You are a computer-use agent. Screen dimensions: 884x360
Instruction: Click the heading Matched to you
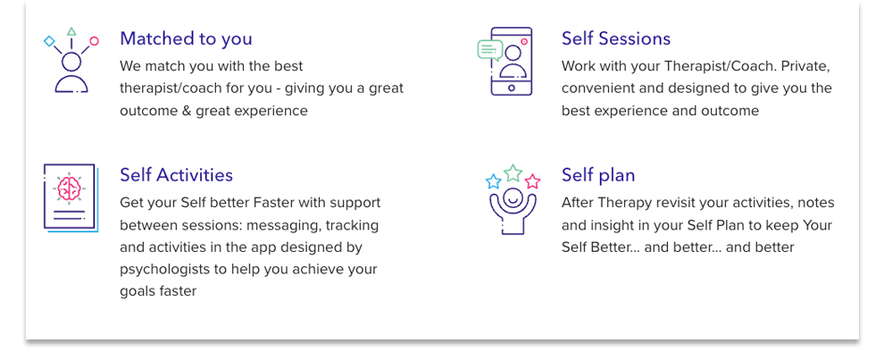[x=186, y=38]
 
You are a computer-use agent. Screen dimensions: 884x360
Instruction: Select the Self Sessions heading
[x=616, y=38]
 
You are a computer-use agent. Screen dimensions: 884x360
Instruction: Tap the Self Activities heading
[x=177, y=174]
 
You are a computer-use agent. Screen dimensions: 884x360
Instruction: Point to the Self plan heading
[x=598, y=175]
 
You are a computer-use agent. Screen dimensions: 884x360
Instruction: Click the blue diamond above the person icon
[x=50, y=40]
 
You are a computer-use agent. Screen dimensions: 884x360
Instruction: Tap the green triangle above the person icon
[x=71, y=31]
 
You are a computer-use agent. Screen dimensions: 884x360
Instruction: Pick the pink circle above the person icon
[x=94, y=40]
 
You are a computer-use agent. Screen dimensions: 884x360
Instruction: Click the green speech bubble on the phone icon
[x=489, y=50]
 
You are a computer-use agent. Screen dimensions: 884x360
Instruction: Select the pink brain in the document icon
[x=70, y=188]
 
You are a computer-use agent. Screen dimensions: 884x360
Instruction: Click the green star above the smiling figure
[x=513, y=172]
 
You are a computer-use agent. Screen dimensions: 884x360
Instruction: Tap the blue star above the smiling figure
[x=493, y=181]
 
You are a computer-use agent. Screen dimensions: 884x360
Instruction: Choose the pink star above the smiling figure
[x=533, y=181]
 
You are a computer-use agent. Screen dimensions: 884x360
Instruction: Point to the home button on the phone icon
[x=512, y=88]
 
